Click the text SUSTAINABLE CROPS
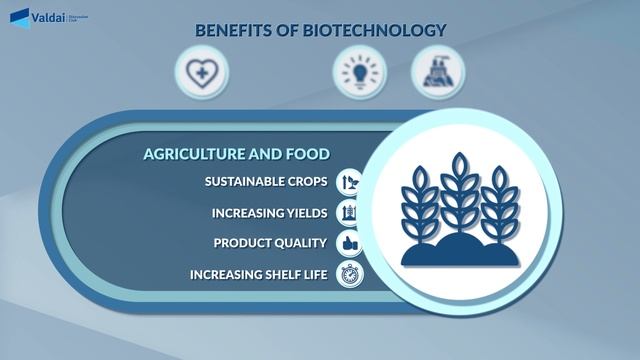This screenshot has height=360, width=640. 267,182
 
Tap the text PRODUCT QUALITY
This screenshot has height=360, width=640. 271,243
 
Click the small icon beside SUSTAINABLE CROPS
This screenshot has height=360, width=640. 350,183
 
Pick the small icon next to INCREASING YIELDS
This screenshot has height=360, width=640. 350,213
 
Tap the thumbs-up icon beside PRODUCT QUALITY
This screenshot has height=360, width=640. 350,243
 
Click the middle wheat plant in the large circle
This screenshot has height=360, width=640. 458,195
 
